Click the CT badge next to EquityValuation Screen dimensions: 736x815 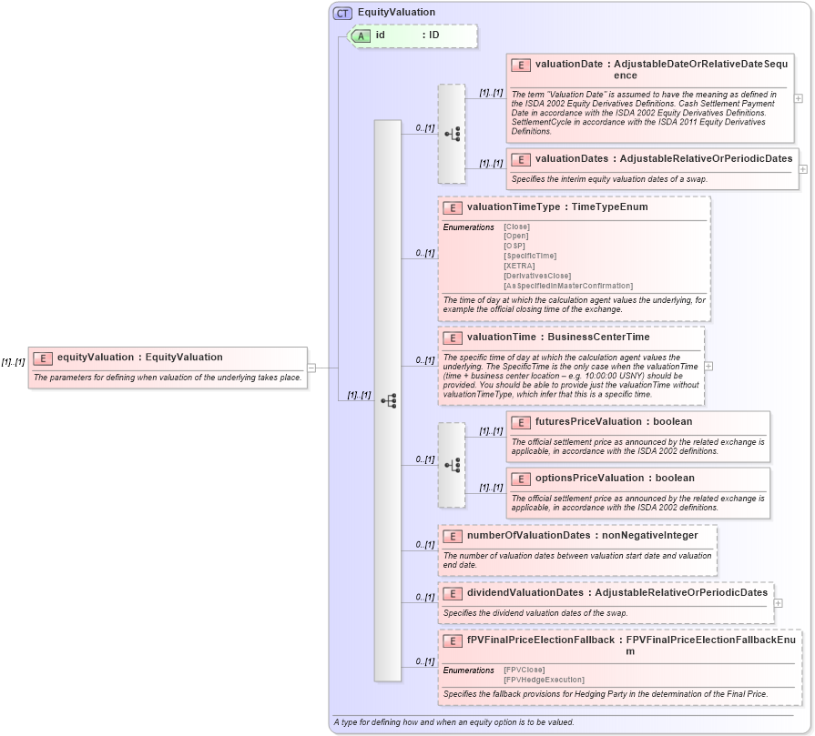[x=343, y=13]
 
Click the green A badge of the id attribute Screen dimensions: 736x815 [x=362, y=35]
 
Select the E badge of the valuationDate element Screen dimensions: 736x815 [x=522, y=65]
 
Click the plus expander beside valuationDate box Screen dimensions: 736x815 [x=799, y=98]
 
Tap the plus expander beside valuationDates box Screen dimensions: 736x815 [x=803, y=168]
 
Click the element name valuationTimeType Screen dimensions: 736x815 [x=514, y=207]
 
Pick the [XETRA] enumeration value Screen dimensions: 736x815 [x=519, y=266]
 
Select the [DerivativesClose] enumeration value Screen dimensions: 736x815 [x=537, y=276]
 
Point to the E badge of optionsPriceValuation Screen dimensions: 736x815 [x=522, y=479]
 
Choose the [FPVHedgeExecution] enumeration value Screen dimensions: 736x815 [x=544, y=680]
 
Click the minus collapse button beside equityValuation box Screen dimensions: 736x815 [x=311, y=368]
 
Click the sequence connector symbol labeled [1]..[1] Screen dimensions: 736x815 [x=388, y=400]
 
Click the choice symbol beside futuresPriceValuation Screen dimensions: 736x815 [x=452, y=465]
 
